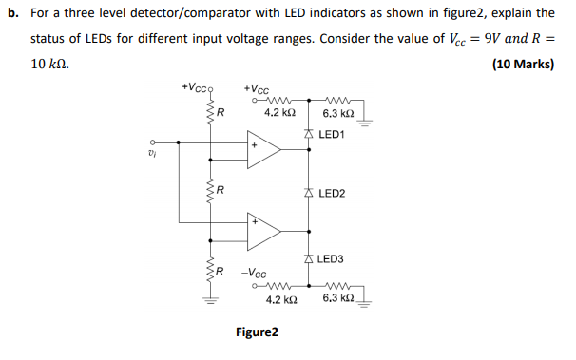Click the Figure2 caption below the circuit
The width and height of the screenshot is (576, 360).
pos(257,332)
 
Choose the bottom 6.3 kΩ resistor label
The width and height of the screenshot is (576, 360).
pos(339,299)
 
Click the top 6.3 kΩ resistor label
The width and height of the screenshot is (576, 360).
pos(339,114)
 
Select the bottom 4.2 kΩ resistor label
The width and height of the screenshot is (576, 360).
pos(281,299)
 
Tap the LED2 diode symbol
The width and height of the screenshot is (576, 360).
pos(308,193)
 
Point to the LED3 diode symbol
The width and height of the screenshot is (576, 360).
pos(308,258)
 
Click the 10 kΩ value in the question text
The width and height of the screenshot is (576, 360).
pos(48,65)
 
